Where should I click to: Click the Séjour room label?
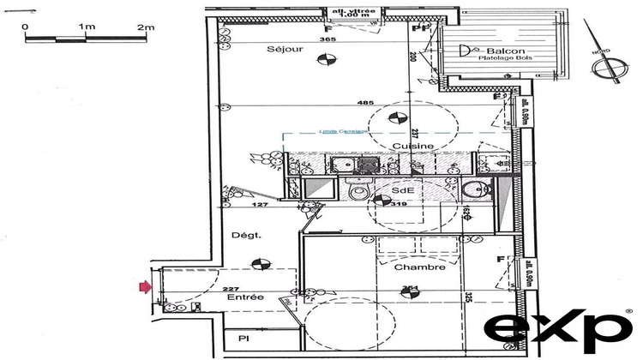(285, 50)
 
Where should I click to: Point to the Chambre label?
(419, 267)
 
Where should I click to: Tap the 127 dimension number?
(257, 205)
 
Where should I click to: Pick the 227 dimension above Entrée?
(230, 289)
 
